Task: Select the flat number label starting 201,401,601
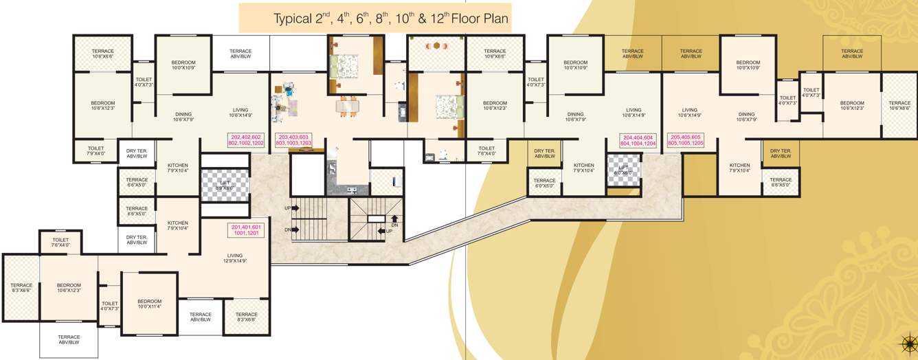pos(247,230)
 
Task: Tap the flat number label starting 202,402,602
pos(247,140)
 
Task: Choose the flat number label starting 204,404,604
pos(638,140)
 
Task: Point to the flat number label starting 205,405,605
pos(686,140)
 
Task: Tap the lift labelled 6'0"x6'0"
pos(623,169)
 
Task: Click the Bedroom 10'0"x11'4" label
pos(149,304)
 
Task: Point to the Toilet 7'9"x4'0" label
pos(96,150)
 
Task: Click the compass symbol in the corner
pos(909,341)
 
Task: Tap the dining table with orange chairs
pos(348,106)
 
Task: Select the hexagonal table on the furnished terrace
pos(436,47)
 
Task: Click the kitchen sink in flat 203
pos(351,190)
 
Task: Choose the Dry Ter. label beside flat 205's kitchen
pos(781,153)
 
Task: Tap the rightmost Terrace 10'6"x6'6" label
pos(899,105)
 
